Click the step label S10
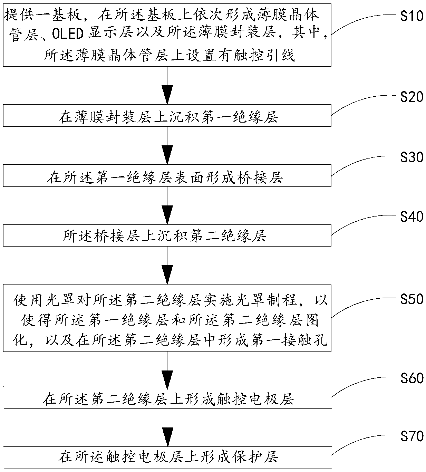(x=412, y=16)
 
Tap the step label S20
(x=412, y=97)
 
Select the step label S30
(x=412, y=157)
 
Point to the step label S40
(x=412, y=216)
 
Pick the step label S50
(x=412, y=299)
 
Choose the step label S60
(x=412, y=378)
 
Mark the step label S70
(x=412, y=436)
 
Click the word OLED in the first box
(x=68, y=34)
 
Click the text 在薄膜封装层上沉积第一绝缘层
(x=168, y=116)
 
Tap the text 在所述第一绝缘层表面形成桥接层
(x=165, y=177)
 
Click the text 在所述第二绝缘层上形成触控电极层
(x=168, y=398)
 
